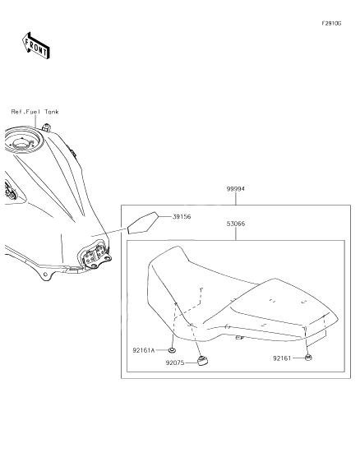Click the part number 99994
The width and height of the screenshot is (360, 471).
pos(235,189)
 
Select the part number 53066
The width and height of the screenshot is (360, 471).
pos(236,224)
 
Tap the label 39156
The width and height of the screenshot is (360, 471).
pos(182,216)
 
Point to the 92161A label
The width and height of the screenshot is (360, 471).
pos(144,350)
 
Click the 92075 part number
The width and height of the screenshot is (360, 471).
pos(175,362)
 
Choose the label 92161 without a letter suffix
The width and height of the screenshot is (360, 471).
pos(282,358)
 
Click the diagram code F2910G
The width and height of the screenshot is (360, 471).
pos(331,24)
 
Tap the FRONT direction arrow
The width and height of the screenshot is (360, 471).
pos(35,46)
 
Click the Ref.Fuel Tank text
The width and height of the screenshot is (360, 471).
pos(35,112)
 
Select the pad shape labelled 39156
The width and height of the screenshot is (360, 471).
pos(143,223)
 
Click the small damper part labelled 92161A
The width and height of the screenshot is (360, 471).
pos(172,350)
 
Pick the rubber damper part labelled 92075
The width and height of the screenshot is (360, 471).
pos(202,361)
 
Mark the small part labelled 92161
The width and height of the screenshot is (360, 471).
pos(308,358)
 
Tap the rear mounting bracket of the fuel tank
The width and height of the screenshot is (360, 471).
pos(97,257)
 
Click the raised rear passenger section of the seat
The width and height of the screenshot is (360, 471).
pos(282,303)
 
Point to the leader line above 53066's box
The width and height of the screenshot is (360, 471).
pos(236,233)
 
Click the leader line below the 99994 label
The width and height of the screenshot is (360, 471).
pos(236,199)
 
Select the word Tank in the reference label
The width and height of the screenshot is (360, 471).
pos(52,112)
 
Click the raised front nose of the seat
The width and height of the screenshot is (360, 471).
pos(168,258)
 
